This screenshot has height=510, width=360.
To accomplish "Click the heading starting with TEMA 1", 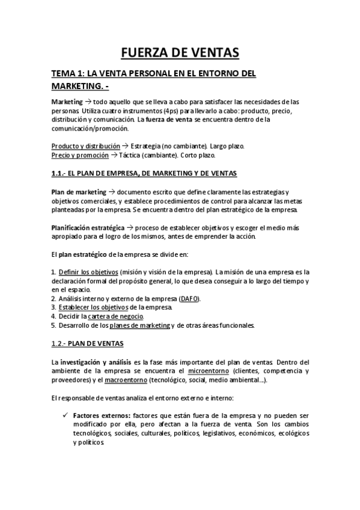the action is point(153,81).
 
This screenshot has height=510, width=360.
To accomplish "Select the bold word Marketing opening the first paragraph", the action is point(67,102).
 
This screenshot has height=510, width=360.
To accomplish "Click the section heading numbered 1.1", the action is point(144,174).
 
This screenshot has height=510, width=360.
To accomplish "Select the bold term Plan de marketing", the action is point(78,192).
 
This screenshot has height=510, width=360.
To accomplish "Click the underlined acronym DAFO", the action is point(190,299).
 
